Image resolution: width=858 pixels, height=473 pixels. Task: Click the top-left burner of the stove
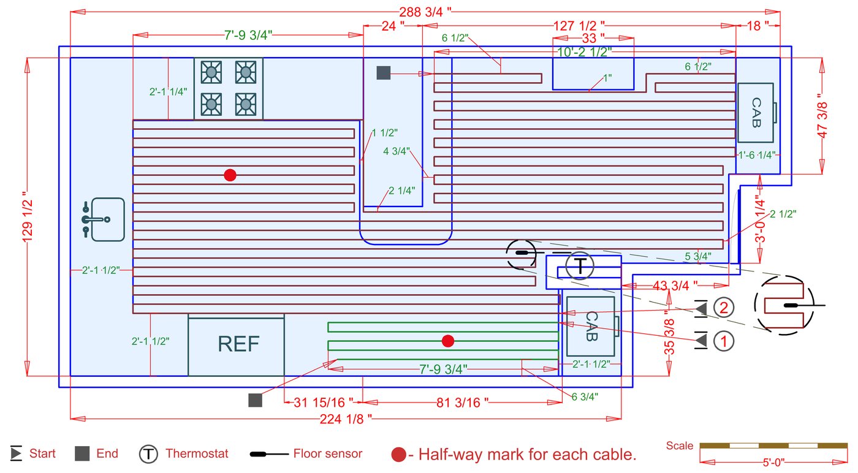(x=211, y=72)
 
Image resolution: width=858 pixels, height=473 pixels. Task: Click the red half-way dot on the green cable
(x=448, y=341)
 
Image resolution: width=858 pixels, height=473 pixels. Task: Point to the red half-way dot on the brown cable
(x=230, y=175)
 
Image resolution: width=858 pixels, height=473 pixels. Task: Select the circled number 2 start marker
(x=724, y=308)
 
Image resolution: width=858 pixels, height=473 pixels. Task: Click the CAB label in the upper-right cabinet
(x=756, y=113)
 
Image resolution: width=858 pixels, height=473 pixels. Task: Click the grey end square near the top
(x=384, y=73)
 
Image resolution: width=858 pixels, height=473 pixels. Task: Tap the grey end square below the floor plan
(x=256, y=400)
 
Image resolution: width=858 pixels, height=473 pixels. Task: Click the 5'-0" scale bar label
(x=764, y=461)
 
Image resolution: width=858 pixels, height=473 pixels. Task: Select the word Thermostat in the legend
(x=197, y=454)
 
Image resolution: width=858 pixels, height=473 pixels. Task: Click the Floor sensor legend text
(x=328, y=454)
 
